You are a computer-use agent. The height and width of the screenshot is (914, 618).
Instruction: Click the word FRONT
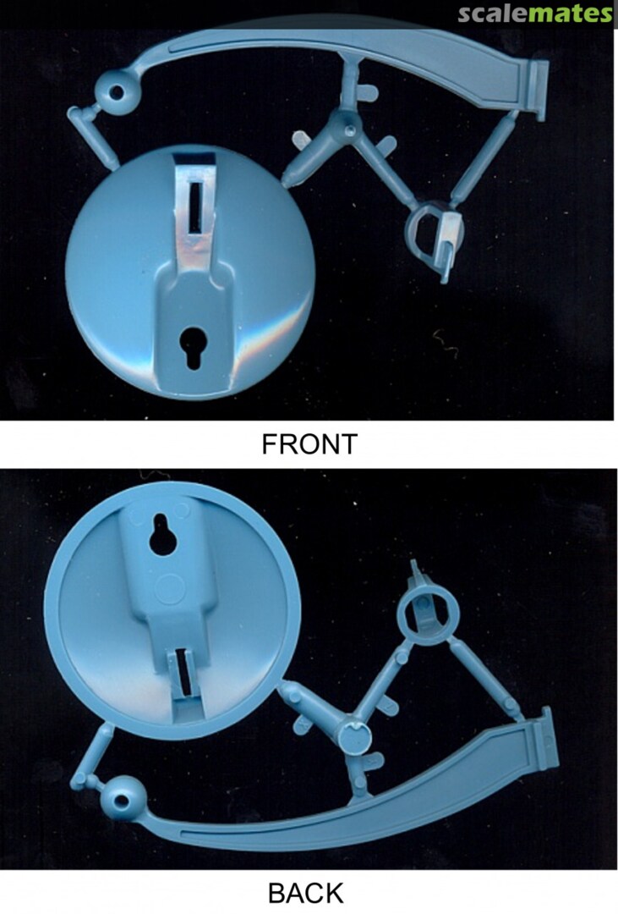click(x=309, y=444)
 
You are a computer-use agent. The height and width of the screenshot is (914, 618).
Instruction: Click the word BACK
click(x=306, y=893)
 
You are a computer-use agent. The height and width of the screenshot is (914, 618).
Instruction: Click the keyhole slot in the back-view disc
click(x=164, y=535)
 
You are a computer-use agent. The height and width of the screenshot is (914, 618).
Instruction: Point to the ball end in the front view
click(x=117, y=92)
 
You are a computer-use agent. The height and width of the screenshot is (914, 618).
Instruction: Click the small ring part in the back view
click(x=428, y=614)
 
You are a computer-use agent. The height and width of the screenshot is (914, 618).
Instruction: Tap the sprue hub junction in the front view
click(x=347, y=128)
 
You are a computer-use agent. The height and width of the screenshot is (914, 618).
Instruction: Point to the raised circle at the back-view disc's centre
click(x=171, y=588)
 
